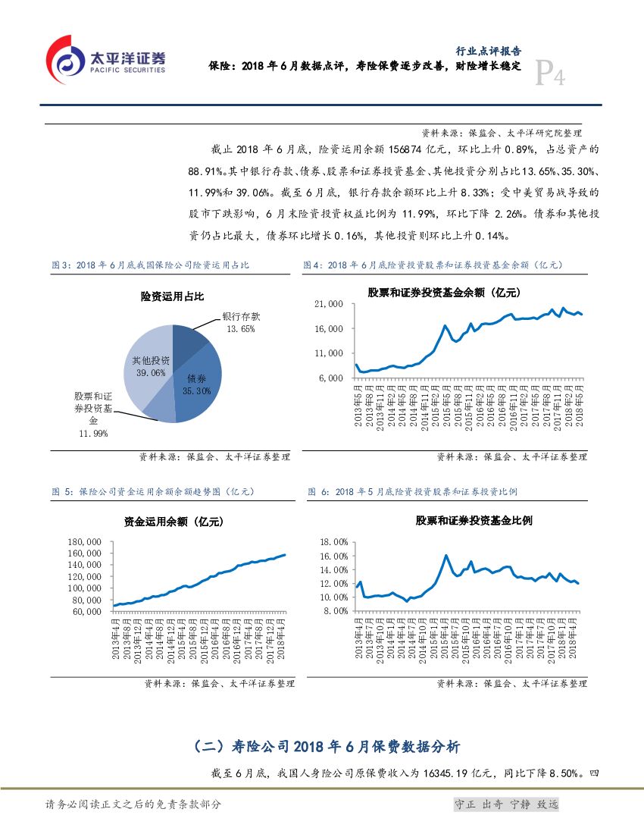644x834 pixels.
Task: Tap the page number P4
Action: coord(550,76)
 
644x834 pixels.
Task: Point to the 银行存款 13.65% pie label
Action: coord(241,322)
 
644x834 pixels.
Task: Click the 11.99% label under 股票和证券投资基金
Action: coord(93,433)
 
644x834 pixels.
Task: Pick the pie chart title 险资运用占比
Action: coord(172,296)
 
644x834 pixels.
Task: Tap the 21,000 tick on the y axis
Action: coord(329,304)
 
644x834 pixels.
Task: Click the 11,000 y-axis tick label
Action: coord(329,353)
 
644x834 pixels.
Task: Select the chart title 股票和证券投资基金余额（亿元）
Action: coord(444,291)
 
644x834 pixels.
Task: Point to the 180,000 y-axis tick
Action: coord(84,542)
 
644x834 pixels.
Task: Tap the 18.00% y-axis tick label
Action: coord(333,542)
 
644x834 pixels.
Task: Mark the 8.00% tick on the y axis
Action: coord(335,611)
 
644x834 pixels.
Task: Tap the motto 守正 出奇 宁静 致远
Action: coord(505,804)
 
